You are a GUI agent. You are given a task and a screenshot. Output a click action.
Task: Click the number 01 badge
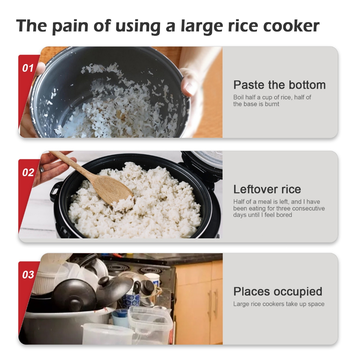[28, 68]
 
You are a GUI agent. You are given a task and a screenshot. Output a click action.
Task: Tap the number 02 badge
[28, 172]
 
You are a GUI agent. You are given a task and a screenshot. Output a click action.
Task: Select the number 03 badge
[28, 275]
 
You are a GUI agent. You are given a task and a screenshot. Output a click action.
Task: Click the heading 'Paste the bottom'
[279, 85]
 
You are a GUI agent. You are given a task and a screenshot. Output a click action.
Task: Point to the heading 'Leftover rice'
[267, 189]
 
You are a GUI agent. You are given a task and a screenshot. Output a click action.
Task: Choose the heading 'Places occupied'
[278, 292]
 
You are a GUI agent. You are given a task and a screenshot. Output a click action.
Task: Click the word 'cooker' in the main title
[291, 26]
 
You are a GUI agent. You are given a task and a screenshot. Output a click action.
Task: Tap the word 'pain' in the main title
[70, 26]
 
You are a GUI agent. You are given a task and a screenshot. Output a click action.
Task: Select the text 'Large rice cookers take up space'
[279, 304]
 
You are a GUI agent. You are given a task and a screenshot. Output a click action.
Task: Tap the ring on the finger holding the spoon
[42, 169]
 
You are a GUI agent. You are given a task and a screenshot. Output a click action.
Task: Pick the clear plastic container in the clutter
[150, 323]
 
